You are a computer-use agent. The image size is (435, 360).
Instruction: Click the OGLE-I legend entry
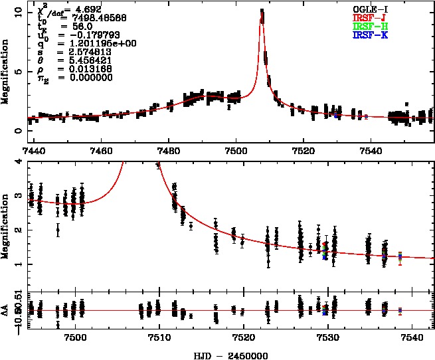pos(370,9)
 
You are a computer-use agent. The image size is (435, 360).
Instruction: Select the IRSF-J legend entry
pos(370,17)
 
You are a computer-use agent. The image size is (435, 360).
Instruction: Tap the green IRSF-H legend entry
pos(370,26)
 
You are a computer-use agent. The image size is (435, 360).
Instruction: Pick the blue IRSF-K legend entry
pos(370,35)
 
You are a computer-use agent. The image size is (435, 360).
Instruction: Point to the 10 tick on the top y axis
pos(19,11)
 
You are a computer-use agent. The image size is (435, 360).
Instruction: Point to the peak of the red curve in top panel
pos(262,11)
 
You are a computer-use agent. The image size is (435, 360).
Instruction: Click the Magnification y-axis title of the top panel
pos(6,71)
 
